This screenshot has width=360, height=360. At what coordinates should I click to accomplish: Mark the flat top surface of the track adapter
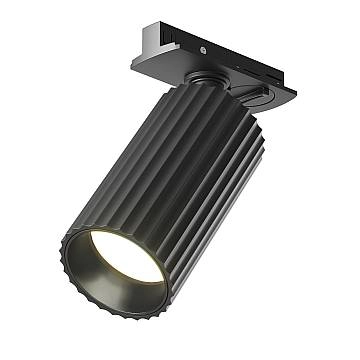click(200, 36)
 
